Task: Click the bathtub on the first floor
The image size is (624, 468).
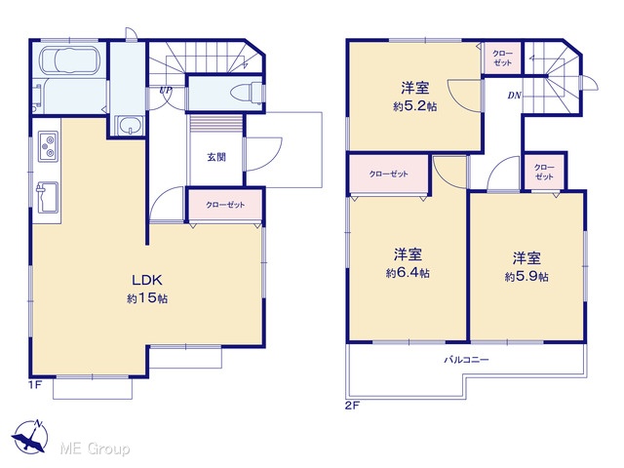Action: pyautogui.click(x=69, y=60)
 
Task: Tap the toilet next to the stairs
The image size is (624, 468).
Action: pyautogui.click(x=246, y=93)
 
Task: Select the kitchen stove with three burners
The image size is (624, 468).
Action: pyautogui.click(x=48, y=146)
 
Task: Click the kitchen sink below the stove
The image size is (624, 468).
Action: pyautogui.click(x=48, y=197)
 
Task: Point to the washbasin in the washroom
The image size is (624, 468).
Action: pyautogui.click(x=129, y=126)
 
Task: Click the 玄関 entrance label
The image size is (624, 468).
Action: pyautogui.click(x=216, y=157)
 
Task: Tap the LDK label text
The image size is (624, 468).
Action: pyautogui.click(x=147, y=280)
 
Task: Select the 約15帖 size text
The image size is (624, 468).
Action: pyautogui.click(x=147, y=298)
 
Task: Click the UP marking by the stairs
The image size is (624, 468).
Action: pyautogui.click(x=165, y=91)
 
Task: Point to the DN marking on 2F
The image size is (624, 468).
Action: pyautogui.click(x=514, y=96)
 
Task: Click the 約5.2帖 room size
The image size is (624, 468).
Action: pyautogui.click(x=414, y=106)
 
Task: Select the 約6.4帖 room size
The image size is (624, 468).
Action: pyautogui.click(x=408, y=273)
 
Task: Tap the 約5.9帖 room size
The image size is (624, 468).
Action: pyautogui.click(x=526, y=277)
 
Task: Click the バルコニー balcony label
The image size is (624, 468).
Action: pyautogui.click(x=466, y=360)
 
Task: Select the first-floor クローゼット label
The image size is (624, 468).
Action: pyautogui.click(x=225, y=205)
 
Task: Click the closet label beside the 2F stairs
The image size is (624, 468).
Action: pyautogui.click(x=502, y=58)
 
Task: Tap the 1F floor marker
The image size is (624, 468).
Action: pyautogui.click(x=35, y=385)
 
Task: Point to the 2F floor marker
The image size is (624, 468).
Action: pyautogui.click(x=352, y=406)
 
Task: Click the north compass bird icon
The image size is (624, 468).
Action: pyautogui.click(x=30, y=437)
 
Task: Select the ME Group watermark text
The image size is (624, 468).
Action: pyautogui.click(x=95, y=448)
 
